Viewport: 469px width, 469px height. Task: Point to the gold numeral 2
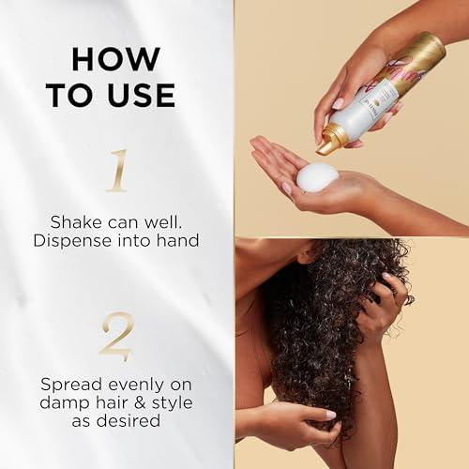(116, 337)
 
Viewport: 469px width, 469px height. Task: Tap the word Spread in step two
(71, 384)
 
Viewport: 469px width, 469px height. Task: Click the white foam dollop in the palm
(318, 175)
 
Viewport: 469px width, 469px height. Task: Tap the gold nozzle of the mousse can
(330, 141)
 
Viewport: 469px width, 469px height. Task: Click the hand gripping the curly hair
(380, 300)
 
